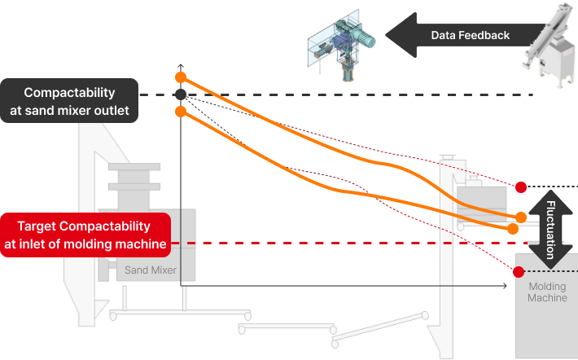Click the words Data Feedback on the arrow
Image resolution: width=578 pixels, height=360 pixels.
pos(470,35)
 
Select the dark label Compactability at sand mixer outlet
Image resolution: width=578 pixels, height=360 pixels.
pos(70,101)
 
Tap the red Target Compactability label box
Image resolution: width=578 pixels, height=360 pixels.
pos(85,235)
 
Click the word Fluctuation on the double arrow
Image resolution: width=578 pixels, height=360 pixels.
pos(551,229)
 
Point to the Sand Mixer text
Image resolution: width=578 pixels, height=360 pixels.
pos(151,270)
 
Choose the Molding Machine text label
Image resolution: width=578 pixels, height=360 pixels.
pos(547,292)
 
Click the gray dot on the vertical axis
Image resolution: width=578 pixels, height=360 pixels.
pos(181,94)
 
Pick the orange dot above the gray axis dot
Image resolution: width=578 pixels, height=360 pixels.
pos(181,77)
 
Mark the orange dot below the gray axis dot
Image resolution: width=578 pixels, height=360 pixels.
pos(181,112)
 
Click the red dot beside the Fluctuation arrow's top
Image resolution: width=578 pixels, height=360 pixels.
pos(520,187)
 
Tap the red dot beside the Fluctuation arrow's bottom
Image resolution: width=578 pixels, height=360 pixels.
pos(519,271)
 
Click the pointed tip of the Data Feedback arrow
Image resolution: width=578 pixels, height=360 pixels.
pos(386,35)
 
